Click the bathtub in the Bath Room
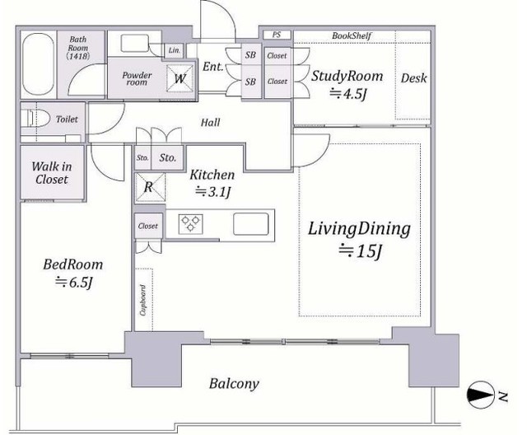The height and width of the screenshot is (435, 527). (x=38, y=64)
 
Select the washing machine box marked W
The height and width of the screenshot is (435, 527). (x=180, y=78)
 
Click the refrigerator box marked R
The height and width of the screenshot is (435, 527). (x=150, y=187)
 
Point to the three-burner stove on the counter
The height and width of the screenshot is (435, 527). (x=190, y=223)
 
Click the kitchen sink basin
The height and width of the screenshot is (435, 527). (x=251, y=224)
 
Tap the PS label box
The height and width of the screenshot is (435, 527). (x=277, y=35)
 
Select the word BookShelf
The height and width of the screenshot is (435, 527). (x=352, y=35)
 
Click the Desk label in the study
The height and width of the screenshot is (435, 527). (x=413, y=78)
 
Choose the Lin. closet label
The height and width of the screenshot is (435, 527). (x=174, y=50)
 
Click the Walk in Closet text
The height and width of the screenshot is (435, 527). (x=52, y=173)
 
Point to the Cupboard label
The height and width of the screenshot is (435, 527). (x=143, y=300)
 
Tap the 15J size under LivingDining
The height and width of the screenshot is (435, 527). (x=360, y=250)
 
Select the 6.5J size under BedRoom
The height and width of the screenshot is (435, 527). (x=73, y=282)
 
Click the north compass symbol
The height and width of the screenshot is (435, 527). (x=481, y=395)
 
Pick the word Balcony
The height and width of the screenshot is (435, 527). (x=234, y=384)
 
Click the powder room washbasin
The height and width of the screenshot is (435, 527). (x=135, y=43)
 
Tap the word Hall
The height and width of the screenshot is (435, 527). (x=211, y=122)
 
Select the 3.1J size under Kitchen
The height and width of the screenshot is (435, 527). (x=213, y=192)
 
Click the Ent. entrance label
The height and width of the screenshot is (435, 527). (x=212, y=66)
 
